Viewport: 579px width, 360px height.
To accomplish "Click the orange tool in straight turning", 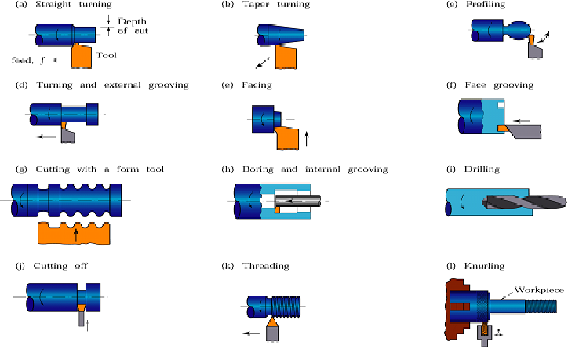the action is coord(82,56).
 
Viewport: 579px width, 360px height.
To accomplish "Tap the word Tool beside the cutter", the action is coord(106,55).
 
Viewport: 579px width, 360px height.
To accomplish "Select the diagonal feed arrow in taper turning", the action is coord(263,63).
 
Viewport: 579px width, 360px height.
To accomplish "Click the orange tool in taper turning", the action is coord(286,56).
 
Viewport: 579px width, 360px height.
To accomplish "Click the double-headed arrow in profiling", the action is coord(544,37).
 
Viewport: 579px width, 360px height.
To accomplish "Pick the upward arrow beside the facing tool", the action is coord(306,139).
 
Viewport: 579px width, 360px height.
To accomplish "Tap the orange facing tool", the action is coord(287,137).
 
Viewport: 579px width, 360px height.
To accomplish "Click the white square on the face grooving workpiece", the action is coord(501,105).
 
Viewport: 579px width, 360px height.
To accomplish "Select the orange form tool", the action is coord(74,234).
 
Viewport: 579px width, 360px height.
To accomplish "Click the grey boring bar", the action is coord(297,202).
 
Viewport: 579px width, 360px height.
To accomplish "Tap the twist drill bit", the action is coord(524,202).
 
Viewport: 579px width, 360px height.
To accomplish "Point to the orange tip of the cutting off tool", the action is coord(82,307).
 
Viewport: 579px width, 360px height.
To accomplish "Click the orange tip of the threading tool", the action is coord(272,322).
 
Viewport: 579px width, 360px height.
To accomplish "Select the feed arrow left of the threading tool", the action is coord(252,333).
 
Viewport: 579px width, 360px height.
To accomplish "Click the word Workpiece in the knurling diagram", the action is coord(539,289).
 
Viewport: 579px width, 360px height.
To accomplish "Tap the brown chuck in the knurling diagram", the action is coord(457,310).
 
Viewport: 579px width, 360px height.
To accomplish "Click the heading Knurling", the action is coord(484,266).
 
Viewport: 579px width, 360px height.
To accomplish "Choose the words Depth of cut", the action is coord(133,26).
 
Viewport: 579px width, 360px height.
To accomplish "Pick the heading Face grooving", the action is coord(499,85).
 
